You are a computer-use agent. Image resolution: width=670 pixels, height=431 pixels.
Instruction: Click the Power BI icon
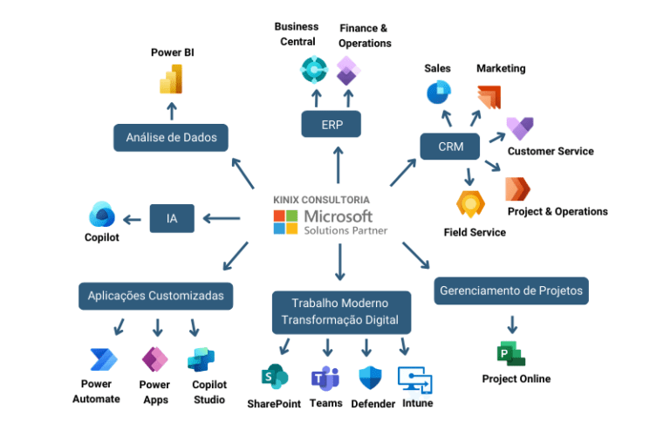point(171,79)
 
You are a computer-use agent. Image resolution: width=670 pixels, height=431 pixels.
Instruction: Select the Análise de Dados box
point(171,137)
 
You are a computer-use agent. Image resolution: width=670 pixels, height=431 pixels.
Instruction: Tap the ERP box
point(332,125)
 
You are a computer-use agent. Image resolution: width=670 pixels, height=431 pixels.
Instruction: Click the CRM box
point(451,147)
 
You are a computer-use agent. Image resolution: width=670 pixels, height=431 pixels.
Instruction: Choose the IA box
point(172,218)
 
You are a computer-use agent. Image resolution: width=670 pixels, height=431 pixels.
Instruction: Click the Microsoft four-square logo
point(285,222)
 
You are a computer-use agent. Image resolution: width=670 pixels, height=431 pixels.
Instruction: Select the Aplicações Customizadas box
point(156,295)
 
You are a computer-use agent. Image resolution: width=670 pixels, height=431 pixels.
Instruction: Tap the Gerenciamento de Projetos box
point(511,291)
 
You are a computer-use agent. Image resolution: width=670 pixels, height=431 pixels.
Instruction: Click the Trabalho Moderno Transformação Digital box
point(340,311)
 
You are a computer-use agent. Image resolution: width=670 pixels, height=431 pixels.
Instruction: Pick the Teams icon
point(325,379)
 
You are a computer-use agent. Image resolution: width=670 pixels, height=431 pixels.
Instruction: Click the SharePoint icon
point(275,377)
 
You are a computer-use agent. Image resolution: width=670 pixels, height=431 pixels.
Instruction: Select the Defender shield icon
point(371,378)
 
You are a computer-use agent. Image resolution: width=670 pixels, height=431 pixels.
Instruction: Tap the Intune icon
point(415,379)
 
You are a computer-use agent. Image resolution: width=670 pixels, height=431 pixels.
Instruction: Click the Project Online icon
point(511,353)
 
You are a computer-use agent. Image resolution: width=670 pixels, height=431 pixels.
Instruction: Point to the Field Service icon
point(471,203)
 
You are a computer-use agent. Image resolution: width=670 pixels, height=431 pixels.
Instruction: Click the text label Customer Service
point(550,151)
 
